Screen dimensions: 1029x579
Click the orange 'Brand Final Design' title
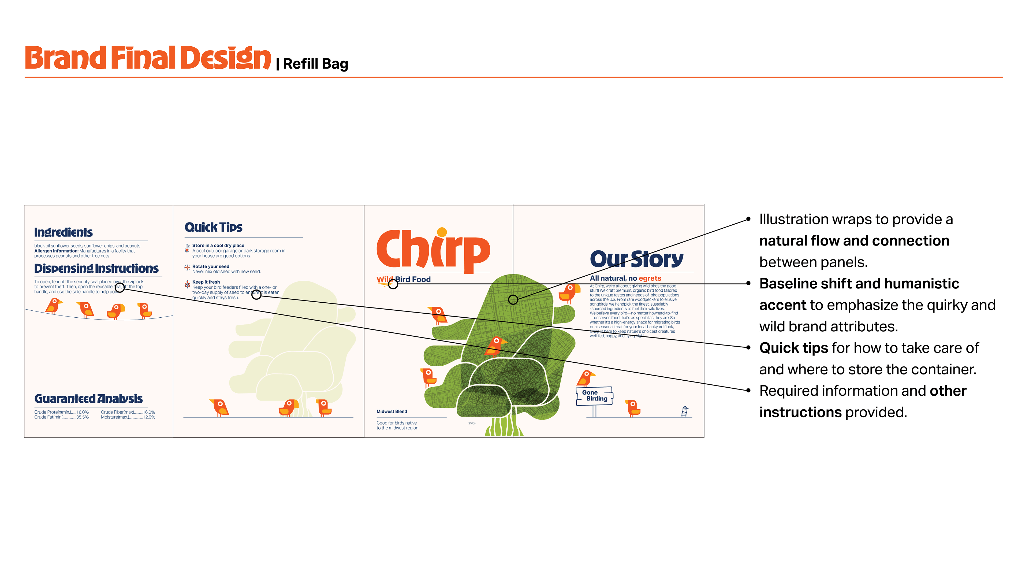[x=148, y=58]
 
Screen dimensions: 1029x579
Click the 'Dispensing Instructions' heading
[x=96, y=269]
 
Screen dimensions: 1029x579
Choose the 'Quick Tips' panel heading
[x=213, y=227]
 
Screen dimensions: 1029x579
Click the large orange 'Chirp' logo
[x=433, y=251]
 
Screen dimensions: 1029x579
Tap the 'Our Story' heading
[x=636, y=259]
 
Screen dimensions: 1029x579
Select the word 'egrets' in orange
[x=650, y=278]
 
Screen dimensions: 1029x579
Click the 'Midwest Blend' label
[x=392, y=411]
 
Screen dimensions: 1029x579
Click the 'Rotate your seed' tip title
[x=211, y=266]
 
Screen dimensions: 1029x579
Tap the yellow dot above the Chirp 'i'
[x=442, y=232]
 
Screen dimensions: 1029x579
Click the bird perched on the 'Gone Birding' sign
[x=586, y=378]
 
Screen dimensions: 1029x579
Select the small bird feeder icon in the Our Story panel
[x=684, y=411]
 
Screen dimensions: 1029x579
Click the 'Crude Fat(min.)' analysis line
[x=61, y=417]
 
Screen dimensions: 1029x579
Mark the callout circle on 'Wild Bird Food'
[x=393, y=284]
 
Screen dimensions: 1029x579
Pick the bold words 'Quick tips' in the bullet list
[x=793, y=348]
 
